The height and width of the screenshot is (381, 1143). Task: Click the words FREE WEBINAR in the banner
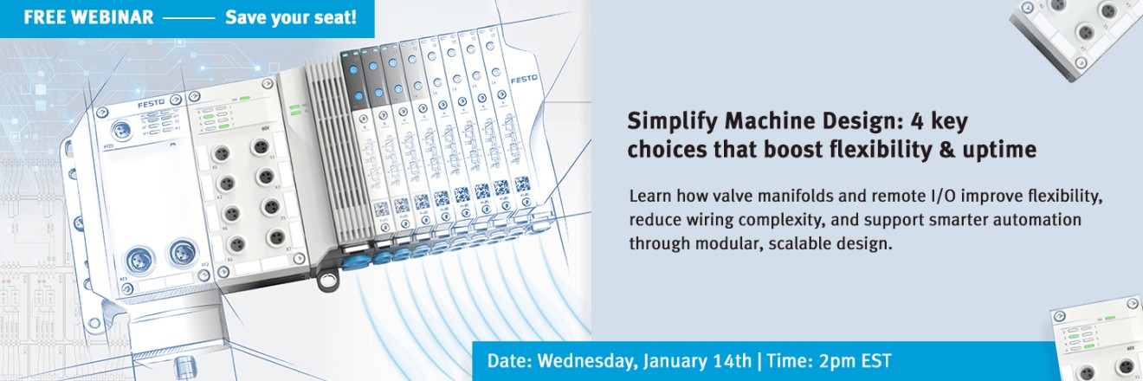(x=88, y=18)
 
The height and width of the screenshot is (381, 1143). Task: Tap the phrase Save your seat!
(x=291, y=18)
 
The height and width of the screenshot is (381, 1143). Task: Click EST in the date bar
(x=876, y=360)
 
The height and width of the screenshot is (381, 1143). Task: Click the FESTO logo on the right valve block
(x=524, y=79)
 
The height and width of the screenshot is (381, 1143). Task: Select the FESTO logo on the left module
(x=151, y=105)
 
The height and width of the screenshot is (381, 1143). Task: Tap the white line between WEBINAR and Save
(x=189, y=18)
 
